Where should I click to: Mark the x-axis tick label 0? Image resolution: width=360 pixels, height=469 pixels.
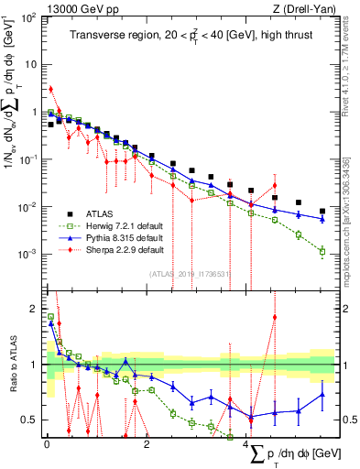coord(46,444)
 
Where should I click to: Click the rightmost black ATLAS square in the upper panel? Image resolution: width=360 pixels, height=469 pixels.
coord(322,211)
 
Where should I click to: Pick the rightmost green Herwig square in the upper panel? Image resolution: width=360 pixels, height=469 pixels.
coord(322,251)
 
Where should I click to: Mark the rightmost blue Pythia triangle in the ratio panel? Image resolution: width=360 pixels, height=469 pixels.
coord(322,395)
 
